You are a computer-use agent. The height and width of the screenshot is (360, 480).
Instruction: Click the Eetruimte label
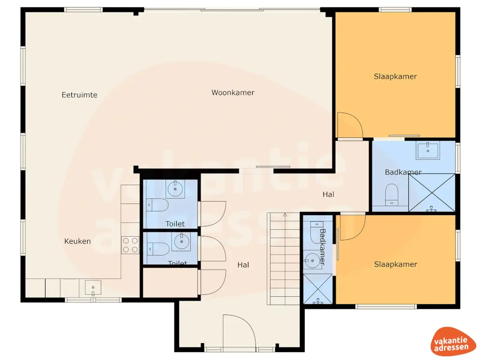point(79,95)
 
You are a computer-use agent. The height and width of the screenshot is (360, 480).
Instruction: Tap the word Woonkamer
point(232,93)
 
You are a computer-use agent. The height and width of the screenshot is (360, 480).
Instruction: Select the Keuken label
point(77,241)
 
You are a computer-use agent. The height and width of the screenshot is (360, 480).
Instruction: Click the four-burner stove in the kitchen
point(130,245)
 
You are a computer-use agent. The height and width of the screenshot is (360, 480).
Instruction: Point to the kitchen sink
point(93,287)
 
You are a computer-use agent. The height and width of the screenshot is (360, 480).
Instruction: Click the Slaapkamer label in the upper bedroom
point(395,76)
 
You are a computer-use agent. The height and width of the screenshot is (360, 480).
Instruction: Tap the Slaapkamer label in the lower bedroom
point(395,264)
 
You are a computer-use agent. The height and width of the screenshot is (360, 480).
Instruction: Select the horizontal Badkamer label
point(403,172)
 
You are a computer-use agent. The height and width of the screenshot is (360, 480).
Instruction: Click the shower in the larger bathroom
point(432,193)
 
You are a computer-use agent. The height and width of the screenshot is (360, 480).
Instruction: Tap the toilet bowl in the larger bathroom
point(391,193)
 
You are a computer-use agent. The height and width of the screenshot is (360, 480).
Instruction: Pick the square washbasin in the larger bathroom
point(427,151)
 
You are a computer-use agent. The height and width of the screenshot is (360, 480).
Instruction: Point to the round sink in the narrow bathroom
point(312,259)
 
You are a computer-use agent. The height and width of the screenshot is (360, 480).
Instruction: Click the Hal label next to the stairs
point(243,265)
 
